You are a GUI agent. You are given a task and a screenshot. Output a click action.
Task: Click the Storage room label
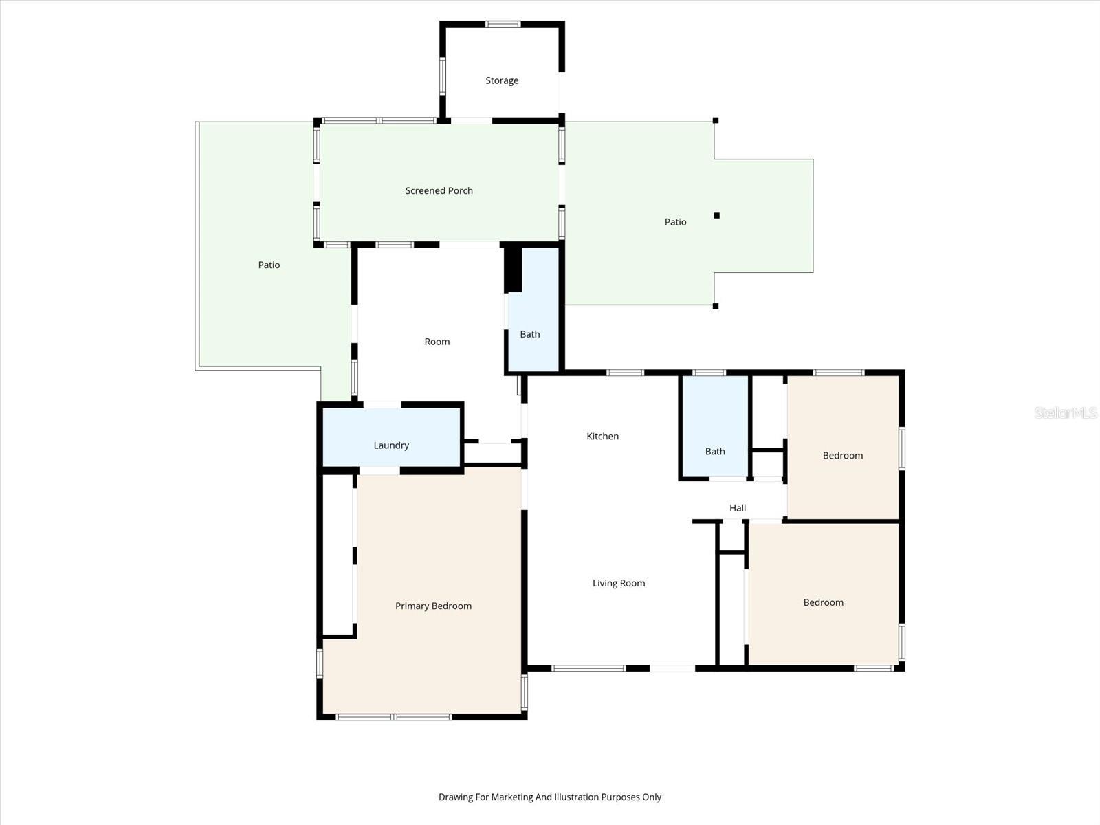(x=502, y=80)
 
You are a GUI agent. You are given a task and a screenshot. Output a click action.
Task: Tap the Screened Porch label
(x=439, y=190)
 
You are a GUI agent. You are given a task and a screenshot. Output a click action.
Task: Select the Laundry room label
(x=391, y=445)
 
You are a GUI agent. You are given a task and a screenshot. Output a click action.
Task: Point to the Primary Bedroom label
(x=433, y=606)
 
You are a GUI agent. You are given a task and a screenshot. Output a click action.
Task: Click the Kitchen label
(x=602, y=436)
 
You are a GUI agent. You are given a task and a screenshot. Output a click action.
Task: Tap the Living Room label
(x=619, y=583)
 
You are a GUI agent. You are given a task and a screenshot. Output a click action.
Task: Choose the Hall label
(x=737, y=508)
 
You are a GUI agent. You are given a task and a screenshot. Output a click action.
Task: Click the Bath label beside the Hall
(x=715, y=452)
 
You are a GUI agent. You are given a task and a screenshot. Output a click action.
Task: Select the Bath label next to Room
(x=529, y=334)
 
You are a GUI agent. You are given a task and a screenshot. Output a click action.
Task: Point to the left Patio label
(x=269, y=265)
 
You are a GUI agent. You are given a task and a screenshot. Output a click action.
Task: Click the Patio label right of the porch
(x=675, y=222)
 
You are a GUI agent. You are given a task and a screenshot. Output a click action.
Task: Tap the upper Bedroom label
(x=842, y=455)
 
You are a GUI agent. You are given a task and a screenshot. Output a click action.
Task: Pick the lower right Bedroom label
(x=823, y=602)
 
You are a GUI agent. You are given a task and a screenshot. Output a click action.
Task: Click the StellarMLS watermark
(x=1065, y=412)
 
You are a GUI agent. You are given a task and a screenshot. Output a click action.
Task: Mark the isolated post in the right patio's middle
(x=716, y=215)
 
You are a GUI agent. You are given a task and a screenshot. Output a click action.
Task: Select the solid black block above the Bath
(x=513, y=269)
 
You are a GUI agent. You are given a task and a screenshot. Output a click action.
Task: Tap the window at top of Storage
(x=503, y=24)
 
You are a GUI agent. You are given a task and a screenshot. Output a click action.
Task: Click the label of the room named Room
(x=437, y=342)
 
